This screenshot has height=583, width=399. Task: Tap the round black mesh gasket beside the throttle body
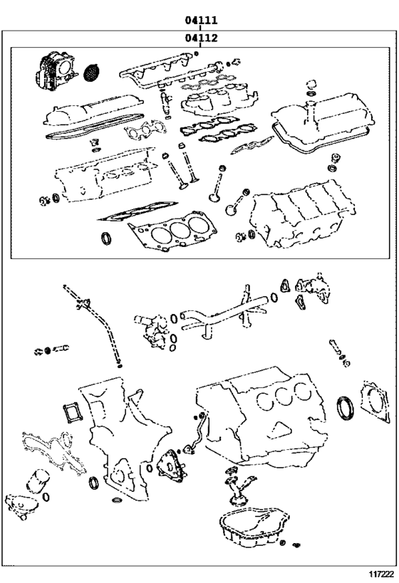91,71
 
